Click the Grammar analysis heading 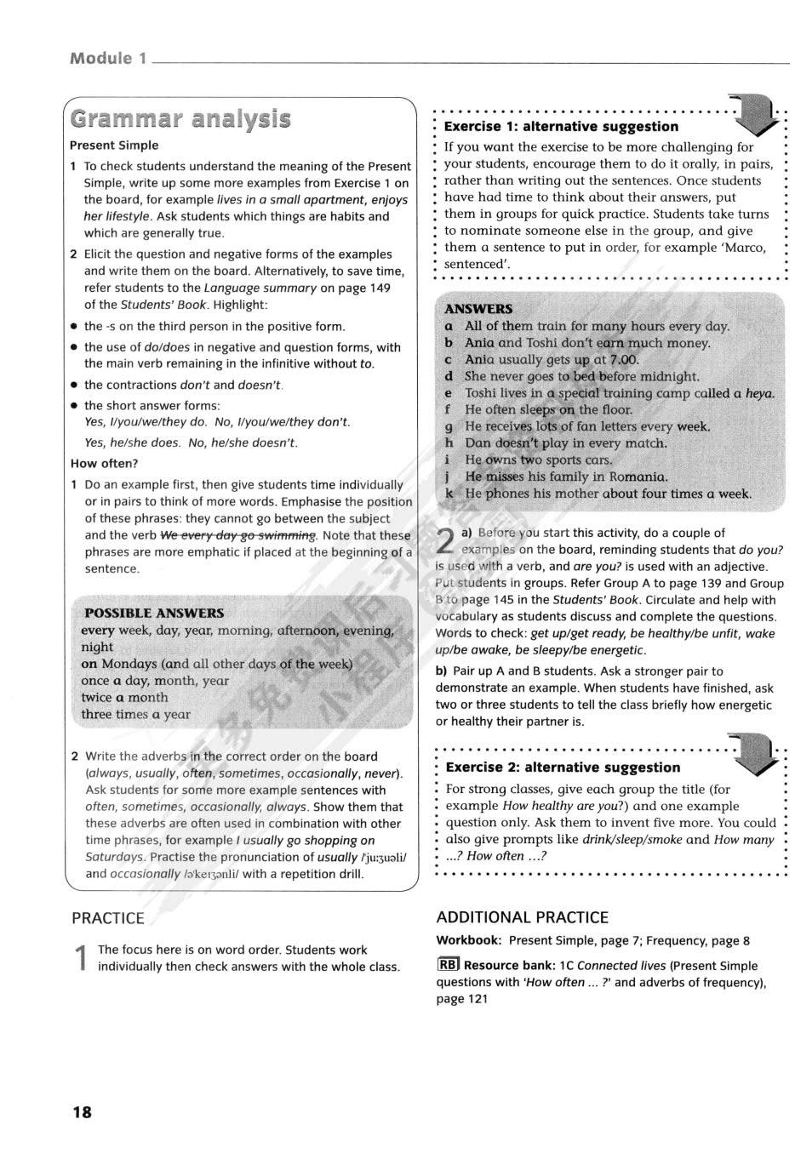click(180, 118)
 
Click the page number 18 click(82, 1111)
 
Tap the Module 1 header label click(108, 59)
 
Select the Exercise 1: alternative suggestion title click(561, 127)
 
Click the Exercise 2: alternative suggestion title click(563, 768)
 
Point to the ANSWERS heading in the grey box click(478, 309)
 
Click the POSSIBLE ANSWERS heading click(154, 613)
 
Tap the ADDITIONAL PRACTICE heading click(523, 917)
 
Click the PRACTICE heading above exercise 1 click(108, 918)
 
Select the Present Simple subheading click(114, 146)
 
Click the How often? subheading click(104, 464)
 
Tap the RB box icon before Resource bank click(448, 965)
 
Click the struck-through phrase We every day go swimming click(237, 535)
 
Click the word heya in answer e click(759, 393)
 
